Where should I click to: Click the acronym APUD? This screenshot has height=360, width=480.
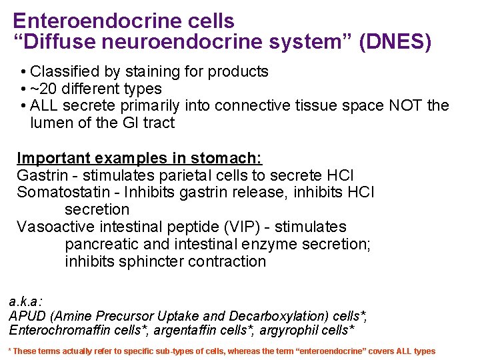tap(25, 316)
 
